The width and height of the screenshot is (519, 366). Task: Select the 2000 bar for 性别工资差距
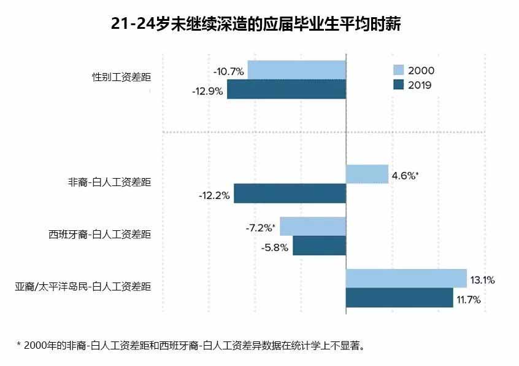(x=296, y=71)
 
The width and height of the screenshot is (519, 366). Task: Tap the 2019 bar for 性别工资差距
(x=286, y=90)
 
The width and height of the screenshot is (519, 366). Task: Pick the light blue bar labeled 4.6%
(x=367, y=174)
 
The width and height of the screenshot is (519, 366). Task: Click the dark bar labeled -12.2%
(x=290, y=194)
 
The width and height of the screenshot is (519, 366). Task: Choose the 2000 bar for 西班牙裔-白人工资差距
(x=313, y=227)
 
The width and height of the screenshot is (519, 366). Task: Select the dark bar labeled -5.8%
(x=319, y=246)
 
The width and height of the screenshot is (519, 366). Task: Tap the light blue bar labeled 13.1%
(x=406, y=278)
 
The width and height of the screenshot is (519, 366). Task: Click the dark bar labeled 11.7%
(x=399, y=298)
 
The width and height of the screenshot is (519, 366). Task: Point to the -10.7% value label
(x=229, y=72)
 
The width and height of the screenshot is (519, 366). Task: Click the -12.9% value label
(x=208, y=91)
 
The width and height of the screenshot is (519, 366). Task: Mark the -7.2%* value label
(x=260, y=228)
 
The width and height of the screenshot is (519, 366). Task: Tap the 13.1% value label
(x=483, y=280)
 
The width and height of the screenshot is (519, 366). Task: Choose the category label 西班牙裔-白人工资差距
(x=99, y=234)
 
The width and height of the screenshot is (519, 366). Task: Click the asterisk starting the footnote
(x=19, y=345)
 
